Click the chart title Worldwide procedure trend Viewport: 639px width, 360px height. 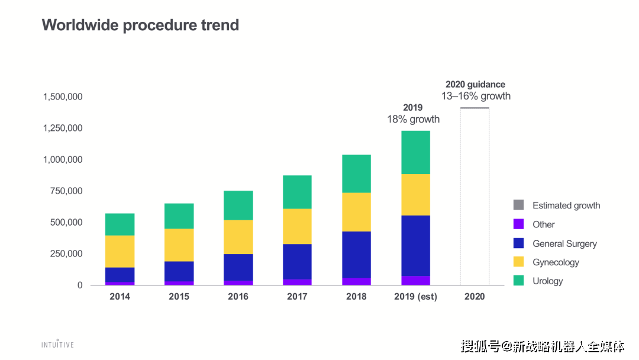click(140, 25)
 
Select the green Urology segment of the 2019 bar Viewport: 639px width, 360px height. click(416, 153)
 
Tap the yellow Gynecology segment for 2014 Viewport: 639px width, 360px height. click(120, 251)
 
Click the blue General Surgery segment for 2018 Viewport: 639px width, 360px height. click(356, 255)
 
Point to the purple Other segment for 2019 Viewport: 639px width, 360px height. click(416, 281)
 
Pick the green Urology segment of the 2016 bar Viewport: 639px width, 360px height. click(238, 205)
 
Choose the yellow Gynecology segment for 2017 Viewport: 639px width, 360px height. click(297, 226)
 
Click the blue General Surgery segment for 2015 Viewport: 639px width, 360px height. click(179, 271)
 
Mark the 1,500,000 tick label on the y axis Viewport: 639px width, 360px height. click(63, 97)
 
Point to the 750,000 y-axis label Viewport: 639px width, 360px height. click(66, 191)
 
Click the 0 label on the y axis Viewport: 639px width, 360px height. click(80, 285)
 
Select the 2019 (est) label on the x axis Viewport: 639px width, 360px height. click(416, 297)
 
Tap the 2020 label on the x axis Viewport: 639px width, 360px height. click(475, 297)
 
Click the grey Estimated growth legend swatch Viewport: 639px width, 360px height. click(518, 205)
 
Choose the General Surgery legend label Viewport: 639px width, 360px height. click(565, 244)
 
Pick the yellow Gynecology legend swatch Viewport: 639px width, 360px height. click(518, 262)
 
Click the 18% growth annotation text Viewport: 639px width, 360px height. click(413, 119)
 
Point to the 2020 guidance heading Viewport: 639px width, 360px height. click(475, 85)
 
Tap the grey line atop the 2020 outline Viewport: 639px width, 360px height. click(475, 108)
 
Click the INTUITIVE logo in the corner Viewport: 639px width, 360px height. click(57, 345)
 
